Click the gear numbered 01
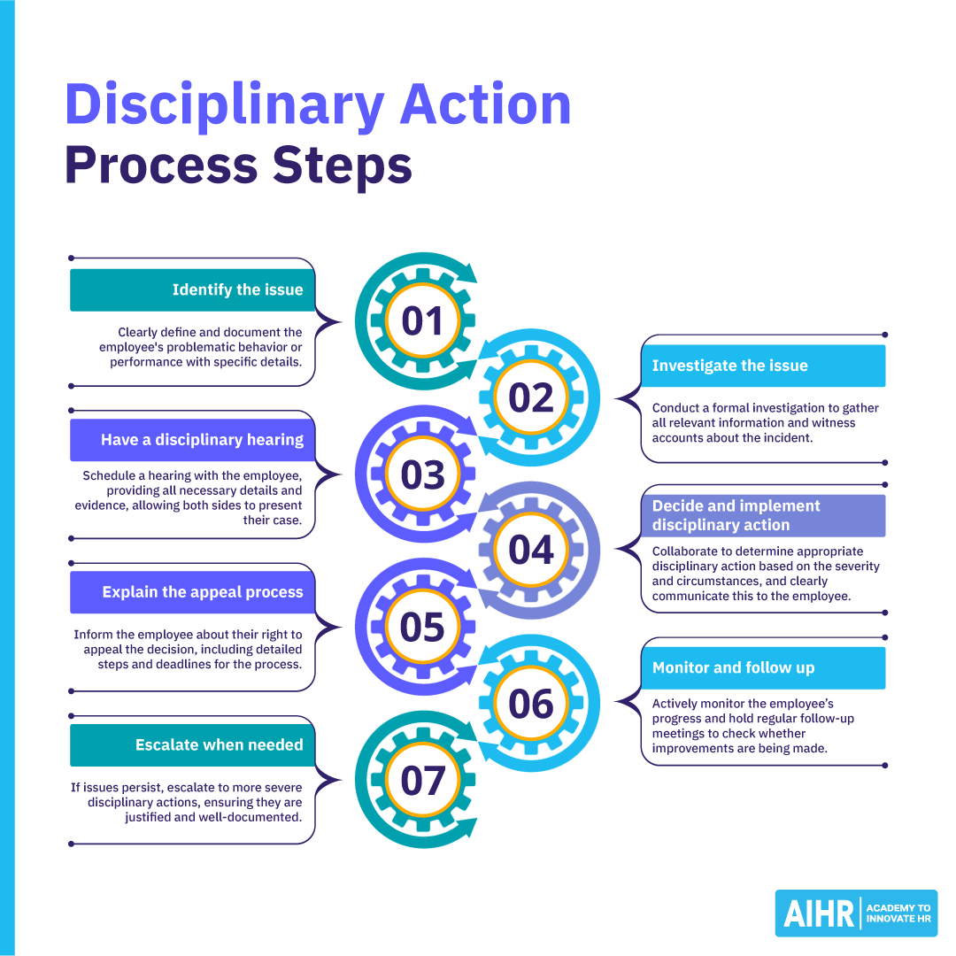coord(422,320)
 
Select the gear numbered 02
coord(531,397)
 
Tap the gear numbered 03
coord(422,474)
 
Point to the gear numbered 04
coord(531,551)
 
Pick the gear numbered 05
coord(422,627)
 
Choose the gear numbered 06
coord(531,704)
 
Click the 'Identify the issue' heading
coord(237,290)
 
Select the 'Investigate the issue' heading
coord(729,366)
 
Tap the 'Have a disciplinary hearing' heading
coord(202,440)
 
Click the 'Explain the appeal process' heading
coord(203,592)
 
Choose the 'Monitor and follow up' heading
coord(733,667)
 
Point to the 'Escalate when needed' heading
coord(219,745)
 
